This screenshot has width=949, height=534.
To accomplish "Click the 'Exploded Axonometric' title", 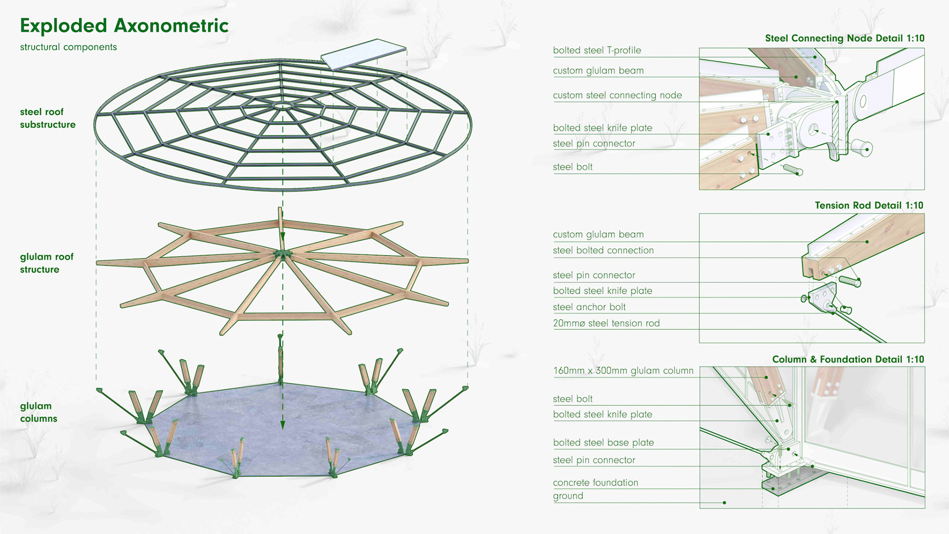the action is click(124, 26).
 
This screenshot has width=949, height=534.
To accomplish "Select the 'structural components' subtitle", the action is click(68, 47).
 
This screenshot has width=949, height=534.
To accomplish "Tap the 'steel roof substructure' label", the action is click(47, 118).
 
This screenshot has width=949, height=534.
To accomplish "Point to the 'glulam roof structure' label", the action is click(46, 263).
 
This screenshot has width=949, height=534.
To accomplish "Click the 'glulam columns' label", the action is click(39, 412).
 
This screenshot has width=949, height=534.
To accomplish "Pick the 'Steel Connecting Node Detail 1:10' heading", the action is click(844, 38).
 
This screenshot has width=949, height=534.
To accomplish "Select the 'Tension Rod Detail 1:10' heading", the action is click(869, 205).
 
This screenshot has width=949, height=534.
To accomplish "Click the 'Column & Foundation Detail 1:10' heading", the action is click(848, 359).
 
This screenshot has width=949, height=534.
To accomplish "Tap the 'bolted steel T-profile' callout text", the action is click(597, 50).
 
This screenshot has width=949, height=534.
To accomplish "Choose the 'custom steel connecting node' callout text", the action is click(617, 95).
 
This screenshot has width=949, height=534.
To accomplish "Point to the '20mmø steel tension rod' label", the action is click(606, 323).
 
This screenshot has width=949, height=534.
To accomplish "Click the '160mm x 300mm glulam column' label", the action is click(623, 371).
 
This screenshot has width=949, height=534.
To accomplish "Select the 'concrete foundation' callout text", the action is click(595, 483).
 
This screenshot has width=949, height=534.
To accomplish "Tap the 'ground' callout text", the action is click(568, 496).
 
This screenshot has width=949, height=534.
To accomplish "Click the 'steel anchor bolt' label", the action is click(589, 307).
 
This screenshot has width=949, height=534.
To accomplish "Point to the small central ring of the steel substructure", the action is click(282, 106).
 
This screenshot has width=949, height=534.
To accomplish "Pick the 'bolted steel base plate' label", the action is click(603, 443).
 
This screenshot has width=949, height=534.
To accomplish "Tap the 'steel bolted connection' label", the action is click(603, 250).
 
